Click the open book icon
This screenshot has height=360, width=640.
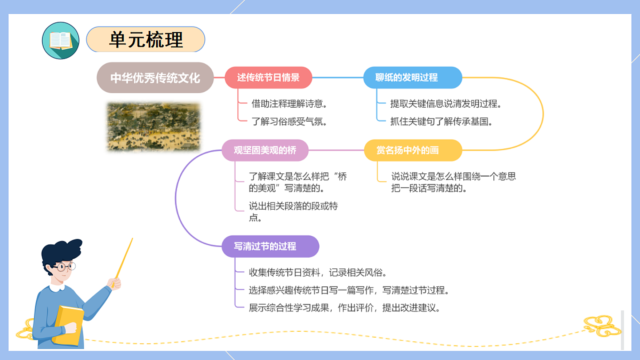[60, 41]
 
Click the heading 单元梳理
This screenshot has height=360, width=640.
[146, 39]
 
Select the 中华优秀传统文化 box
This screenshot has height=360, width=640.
[155, 78]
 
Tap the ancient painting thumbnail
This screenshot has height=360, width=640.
[154, 127]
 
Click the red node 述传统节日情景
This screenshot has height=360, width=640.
[268, 77]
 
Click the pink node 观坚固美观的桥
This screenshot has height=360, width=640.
[265, 150]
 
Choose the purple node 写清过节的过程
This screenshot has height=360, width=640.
[270, 246]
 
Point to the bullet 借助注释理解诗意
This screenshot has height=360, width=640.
[289, 103]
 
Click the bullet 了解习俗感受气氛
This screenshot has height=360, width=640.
[289, 122]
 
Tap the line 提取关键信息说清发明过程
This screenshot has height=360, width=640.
[445, 103]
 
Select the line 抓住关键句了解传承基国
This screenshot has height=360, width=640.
[441, 122]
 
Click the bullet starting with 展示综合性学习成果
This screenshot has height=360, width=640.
[345, 308]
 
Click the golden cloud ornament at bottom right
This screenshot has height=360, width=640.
[602, 326]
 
